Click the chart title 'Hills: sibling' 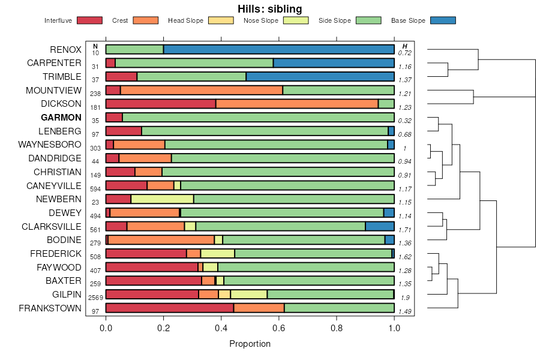pos(269,8)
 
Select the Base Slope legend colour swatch pos(443,20)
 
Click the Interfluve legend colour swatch pos(89,20)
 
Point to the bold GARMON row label pos(61,118)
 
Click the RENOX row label pos(65,49)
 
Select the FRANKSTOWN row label pos(50,308)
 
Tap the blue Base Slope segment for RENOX pos(278,49)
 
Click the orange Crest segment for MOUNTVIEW pos(202,90)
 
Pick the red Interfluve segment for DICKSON pos(161,104)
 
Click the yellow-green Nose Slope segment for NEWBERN pos(162,199)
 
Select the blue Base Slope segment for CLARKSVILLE pos(380,226)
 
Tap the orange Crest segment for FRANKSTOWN pos(259,308)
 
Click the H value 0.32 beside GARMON pos(405,121)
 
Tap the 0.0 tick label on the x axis pos(106,328)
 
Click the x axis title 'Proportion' pos(250,344)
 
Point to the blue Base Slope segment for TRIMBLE pos(320,77)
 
